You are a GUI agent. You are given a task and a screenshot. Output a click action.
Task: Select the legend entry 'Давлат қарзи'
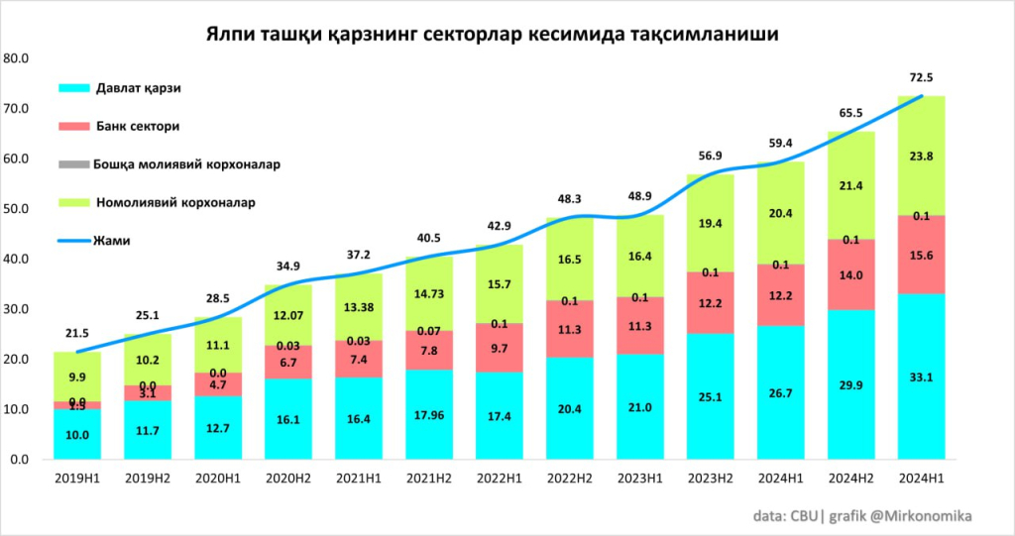pyautogui.click(x=138, y=88)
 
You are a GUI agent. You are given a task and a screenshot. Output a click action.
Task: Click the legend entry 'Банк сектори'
pyautogui.click(x=138, y=127)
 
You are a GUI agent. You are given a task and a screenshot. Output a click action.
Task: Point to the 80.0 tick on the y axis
pyautogui.click(x=17, y=58)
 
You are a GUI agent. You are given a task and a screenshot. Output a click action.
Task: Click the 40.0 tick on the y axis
pyautogui.click(x=17, y=260)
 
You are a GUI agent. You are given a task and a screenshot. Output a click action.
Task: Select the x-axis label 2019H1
pyautogui.click(x=76, y=481)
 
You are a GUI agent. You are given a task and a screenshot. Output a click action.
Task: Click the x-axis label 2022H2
pyautogui.click(x=569, y=481)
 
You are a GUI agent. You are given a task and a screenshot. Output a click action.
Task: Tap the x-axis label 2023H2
pyautogui.click(x=710, y=481)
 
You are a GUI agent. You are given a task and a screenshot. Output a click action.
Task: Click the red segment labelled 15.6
pyautogui.click(x=921, y=255)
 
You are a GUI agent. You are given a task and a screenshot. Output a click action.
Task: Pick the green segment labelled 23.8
pyautogui.click(x=921, y=156)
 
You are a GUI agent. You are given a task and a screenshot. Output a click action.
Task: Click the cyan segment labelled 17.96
pyautogui.click(x=428, y=414)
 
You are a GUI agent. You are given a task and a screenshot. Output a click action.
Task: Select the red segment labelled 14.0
pyautogui.click(x=850, y=274)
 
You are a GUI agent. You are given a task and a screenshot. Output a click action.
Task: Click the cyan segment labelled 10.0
pyautogui.click(x=76, y=434)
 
